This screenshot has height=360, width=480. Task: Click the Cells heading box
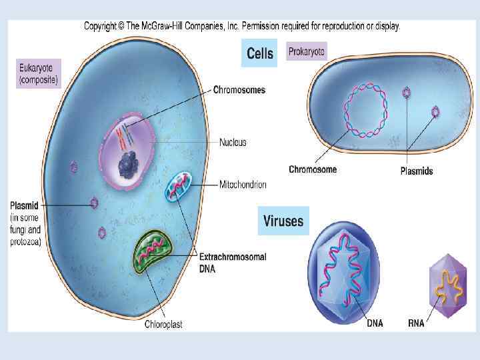[x=260, y=53]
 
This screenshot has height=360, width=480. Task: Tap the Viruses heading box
[x=283, y=220]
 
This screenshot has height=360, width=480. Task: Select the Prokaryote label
[x=307, y=51]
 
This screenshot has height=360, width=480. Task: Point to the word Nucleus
[x=233, y=143]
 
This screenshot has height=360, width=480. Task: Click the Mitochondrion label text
[x=243, y=184]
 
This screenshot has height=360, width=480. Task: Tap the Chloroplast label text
[x=163, y=325]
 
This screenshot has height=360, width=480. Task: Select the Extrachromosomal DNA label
[x=233, y=261]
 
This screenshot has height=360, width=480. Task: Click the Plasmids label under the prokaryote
[x=416, y=171]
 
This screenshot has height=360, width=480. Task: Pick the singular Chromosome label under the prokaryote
[x=313, y=169]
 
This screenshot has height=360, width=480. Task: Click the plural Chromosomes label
[x=239, y=90]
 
